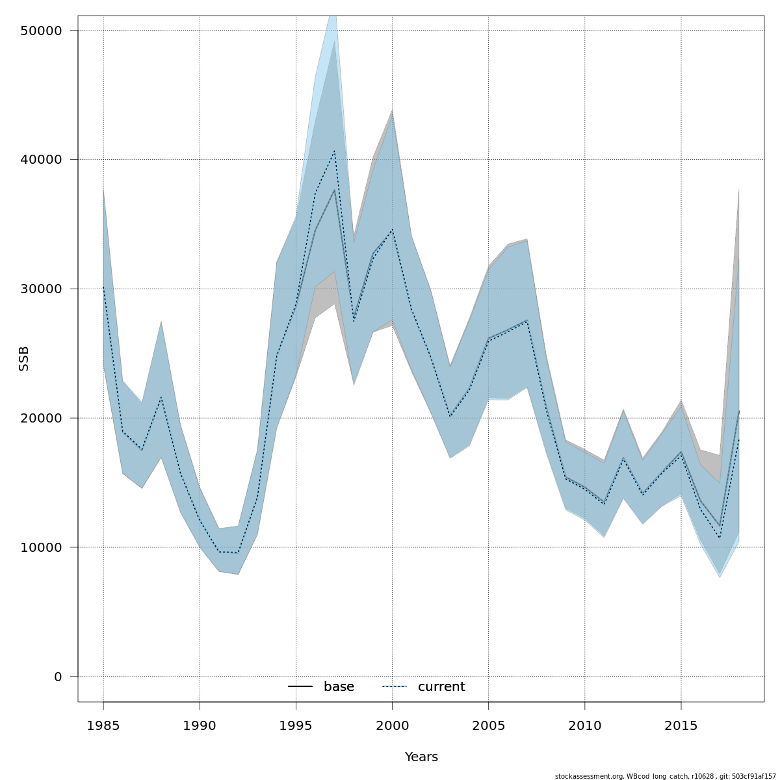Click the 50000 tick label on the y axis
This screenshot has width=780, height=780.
click(x=40, y=31)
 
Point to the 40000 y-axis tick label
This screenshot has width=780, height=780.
click(x=40, y=160)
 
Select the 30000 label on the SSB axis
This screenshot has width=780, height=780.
click(x=40, y=289)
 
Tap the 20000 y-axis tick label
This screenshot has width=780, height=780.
click(x=40, y=418)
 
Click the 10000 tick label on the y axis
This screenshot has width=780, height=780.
click(x=40, y=547)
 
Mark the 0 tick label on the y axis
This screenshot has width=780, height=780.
click(x=58, y=677)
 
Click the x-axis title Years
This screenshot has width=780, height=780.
click(x=421, y=757)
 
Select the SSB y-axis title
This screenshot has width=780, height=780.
click(x=24, y=359)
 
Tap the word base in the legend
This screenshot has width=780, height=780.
click(x=339, y=687)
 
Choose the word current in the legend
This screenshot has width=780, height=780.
click(x=441, y=687)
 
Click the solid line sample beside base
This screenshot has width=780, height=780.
click(x=300, y=687)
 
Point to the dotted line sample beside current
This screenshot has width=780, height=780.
click(x=394, y=687)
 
